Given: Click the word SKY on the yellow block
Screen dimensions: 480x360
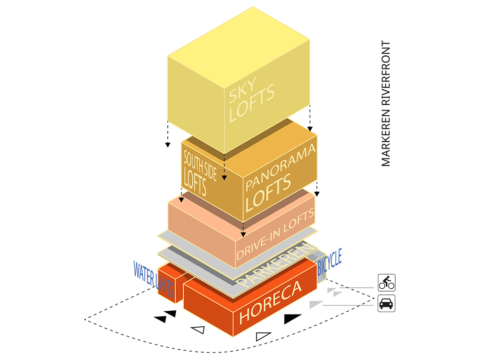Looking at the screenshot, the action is click(x=242, y=90).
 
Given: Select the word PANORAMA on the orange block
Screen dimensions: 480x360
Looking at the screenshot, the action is click(x=280, y=167).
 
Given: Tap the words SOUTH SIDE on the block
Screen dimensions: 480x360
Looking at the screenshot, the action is click(x=200, y=165).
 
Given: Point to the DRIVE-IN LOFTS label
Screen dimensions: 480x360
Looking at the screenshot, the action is click(x=275, y=234).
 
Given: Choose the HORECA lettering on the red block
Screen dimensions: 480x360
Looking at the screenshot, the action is click(x=270, y=302).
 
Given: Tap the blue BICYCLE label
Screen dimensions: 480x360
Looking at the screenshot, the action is click(x=330, y=262).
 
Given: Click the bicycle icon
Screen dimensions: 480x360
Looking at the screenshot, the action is click(x=387, y=283).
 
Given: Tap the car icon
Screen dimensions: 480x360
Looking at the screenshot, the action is click(x=387, y=303).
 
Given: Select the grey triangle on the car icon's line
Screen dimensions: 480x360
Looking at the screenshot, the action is click(x=316, y=304).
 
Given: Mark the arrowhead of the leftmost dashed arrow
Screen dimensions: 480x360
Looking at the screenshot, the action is click(x=167, y=145).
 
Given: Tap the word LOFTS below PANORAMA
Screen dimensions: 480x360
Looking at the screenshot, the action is click(x=268, y=193).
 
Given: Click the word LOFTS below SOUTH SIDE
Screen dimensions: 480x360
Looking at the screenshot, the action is click(x=195, y=182).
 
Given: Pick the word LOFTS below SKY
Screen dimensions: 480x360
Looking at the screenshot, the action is click(x=252, y=103).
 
